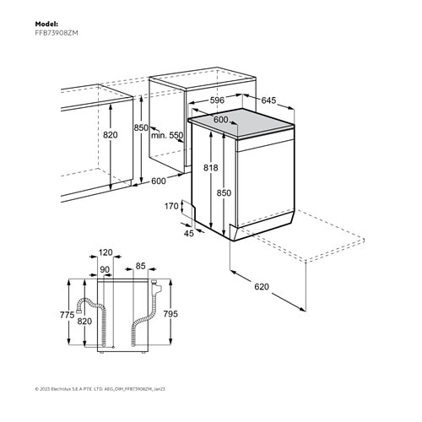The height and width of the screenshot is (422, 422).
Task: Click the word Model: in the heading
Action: [x=47, y=24]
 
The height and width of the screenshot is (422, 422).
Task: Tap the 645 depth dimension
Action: [x=268, y=101]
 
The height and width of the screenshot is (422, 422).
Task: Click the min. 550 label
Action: [x=167, y=136]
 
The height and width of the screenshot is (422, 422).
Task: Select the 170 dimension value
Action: [x=171, y=206]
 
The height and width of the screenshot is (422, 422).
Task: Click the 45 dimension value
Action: [x=189, y=234]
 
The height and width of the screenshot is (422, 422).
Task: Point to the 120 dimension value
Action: [x=105, y=252]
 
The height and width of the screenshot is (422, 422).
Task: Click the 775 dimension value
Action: [x=66, y=315]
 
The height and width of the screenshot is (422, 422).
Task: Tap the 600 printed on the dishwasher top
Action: [x=220, y=120]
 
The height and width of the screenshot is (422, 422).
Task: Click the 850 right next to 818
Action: [x=224, y=192]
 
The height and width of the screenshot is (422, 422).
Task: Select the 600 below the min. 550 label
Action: [x=159, y=181]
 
